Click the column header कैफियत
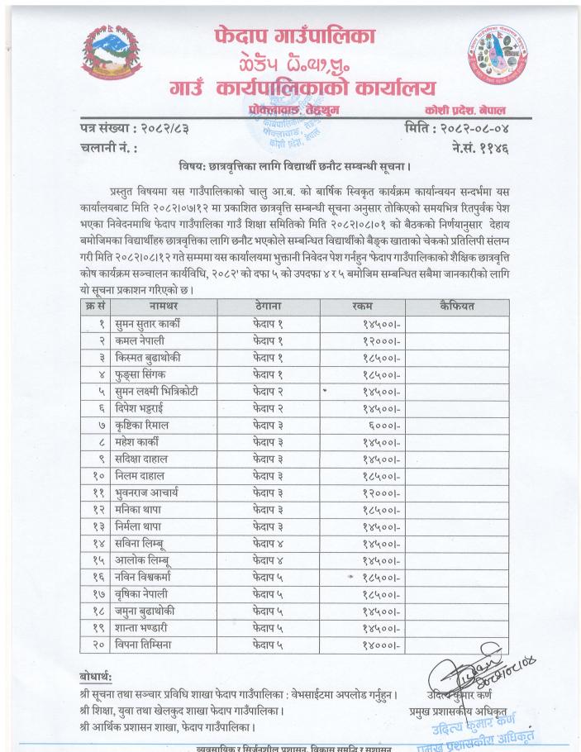click(x=457, y=306)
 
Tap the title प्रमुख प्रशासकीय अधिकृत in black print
click(x=469, y=710)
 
